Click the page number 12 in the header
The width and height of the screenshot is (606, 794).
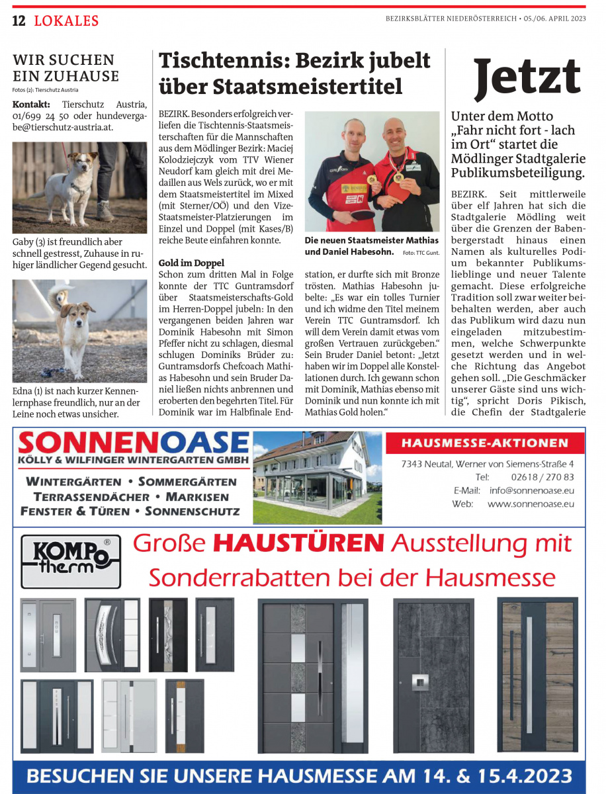[19, 21]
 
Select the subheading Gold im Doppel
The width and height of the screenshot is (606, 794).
[191, 263]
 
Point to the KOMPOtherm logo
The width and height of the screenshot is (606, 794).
[71, 561]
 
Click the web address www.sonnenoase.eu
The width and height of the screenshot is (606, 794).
[531, 504]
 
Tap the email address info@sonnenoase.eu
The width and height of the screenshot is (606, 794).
[531, 491]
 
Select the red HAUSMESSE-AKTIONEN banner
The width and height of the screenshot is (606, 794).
[484, 443]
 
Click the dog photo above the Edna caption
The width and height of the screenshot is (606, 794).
[79, 331]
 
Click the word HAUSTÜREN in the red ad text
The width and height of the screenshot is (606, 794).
[299, 543]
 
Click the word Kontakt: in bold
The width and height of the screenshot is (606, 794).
[31, 105]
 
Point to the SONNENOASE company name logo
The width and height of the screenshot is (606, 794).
[133, 443]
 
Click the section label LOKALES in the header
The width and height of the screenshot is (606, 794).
[66, 21]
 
